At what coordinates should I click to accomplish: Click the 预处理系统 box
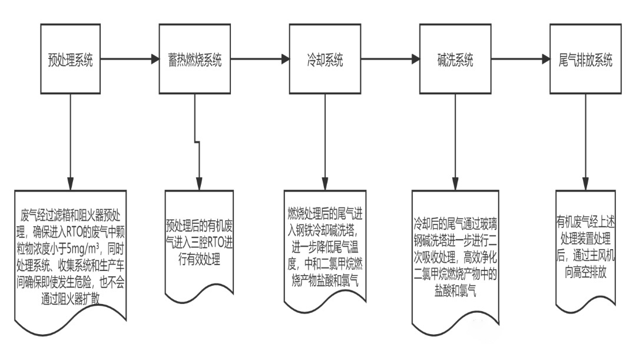coord(70,59)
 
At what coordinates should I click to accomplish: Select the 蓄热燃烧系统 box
coord(195,59)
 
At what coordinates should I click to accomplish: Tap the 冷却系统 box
coord(325,59)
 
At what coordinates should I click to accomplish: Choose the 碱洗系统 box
coord(455,59)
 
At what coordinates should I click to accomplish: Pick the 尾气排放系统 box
coord(585,59)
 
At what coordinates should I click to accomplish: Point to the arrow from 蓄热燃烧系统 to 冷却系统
coord(260,59)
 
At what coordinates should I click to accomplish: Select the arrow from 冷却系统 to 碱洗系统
coord(390,59)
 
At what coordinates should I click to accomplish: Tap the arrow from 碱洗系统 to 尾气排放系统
coord(520,59)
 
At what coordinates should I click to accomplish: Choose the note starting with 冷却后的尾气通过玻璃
coord(455,253)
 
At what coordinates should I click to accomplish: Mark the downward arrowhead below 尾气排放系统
coord(585,184)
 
